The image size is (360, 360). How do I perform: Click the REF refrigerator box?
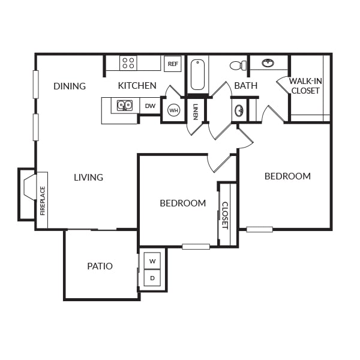pyautogui.click(x=173, y=64)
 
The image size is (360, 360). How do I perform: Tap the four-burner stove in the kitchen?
pyautogui.click(x=128, y=63)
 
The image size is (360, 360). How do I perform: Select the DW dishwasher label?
pyautogui.click(x=150, y=106)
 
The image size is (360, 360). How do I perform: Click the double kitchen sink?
pyautogui.click(x=125, y=106)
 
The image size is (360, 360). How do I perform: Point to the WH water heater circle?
pyautogui.click(x=173, y=110)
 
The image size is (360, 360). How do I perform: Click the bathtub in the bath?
pyautogui.click(x=197, y=74)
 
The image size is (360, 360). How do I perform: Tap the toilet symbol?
pyautogui.click(x=238, y=65)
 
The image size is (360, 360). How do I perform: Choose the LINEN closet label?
pyautogui.click(x=196, y=112)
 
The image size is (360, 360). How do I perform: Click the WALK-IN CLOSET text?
pyautogui.click(x=305, y=86)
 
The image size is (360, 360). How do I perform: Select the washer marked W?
pyautogui.click(x=152, y=261)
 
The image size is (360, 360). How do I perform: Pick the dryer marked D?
pyautogui.click(x=152, y=278)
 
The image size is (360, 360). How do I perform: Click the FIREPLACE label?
pyautogui.click(x=43, y=201)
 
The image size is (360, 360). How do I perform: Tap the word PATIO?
pyautogui.click(x=100, y=266)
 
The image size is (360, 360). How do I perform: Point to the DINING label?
pyautogui.click(x=70, y=86)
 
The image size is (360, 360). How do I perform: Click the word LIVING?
pyautogui.click(x=88, y=177)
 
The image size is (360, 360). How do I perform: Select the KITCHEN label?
pyautogui.click(x=137, y=86)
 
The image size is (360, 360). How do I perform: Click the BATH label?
pyautogui.click(x=245, y=86)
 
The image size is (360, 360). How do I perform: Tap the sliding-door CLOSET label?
pyautogui.click(x=225, y=215)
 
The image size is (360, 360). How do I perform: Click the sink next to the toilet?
pyautogui.click(x=268, y=62)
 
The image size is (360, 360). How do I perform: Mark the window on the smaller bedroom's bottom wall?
pyautogui.click(x=196, y=247)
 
